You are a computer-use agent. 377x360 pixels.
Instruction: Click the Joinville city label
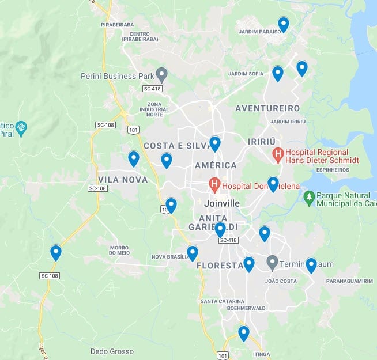[x=222, y=203]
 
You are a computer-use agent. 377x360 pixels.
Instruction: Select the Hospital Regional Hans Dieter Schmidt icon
[x=278, y=154]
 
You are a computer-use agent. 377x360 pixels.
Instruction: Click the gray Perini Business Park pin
[x=162, y=74]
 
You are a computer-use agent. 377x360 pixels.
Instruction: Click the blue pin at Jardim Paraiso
[x=283, y=24]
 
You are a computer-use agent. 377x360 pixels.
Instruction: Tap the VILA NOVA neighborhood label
[x=123, y=180]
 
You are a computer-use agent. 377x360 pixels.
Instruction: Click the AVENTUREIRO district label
[x=267, y=108]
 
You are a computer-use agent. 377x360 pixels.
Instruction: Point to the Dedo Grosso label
[x=112, y=351]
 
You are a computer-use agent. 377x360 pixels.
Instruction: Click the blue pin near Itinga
[x=244, y=333]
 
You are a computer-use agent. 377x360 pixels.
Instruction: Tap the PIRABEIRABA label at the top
[x=117, y=25]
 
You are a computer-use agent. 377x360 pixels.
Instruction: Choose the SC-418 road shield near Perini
[x=152, y=89]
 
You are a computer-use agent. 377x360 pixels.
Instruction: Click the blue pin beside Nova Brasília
[x=193, y=253]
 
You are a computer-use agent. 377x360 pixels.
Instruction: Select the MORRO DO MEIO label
[x=119, y=250]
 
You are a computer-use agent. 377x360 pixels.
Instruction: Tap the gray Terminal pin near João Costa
[x=273, y=263]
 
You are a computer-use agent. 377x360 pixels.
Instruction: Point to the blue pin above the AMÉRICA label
[x=215, y=143]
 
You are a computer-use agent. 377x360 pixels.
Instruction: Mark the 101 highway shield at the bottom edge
[x=223, y=355]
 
